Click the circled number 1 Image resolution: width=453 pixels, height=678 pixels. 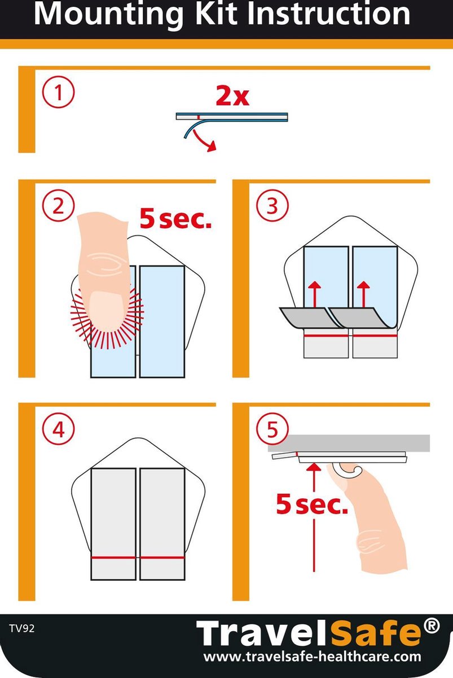pyautogui.click(x=58, y=92)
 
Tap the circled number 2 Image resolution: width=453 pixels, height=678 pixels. pyautogui.click(x=58, y=206)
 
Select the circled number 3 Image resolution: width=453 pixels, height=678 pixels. pyautogui.click(x=272, y=206)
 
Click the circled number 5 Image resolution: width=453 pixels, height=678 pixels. pyautogui.click(x=272, y=429)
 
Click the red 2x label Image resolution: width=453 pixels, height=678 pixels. pyautogui.click(x=232, y=96)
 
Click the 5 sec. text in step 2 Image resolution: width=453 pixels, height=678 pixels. pyautogui.click(x=175, y=219)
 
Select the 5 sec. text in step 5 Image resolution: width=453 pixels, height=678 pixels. pyautogui.click(x=312, y=504)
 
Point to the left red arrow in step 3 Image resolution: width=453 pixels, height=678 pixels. pyautogui.click(x=315, y=294)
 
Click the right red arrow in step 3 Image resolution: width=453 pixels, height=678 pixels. pyautogui.click(x=363, y=294)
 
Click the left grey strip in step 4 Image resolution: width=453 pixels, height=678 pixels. pyautogui.click(x=113, y=524)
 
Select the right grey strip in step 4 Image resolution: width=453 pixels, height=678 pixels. pyautogui.click(x=162, y=524)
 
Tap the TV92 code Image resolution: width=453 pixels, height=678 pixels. pyautogui.click(x=22, y=629)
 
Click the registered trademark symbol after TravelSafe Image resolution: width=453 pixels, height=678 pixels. pyautogui.click(x=432, y=625)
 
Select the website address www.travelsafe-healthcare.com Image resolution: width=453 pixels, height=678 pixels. pyautogui.click(x=312, y=657)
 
